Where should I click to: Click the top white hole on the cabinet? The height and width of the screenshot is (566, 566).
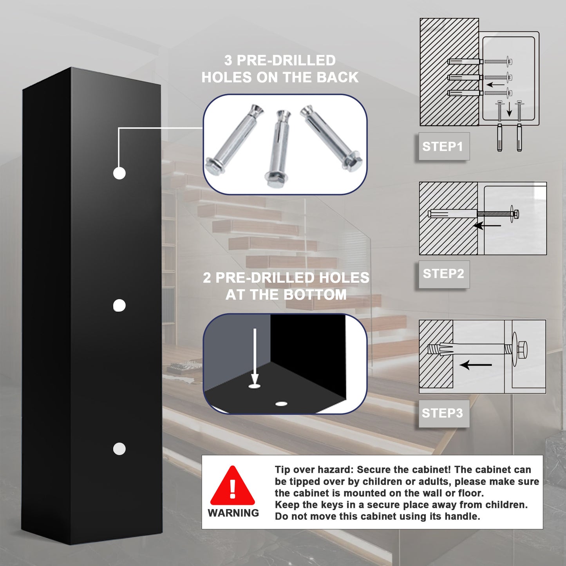coord(119,173)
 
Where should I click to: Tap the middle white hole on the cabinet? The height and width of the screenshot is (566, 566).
coord(119,306)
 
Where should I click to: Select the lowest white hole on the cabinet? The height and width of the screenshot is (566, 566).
coord(119,449)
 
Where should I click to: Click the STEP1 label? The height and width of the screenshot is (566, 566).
coord(442,146)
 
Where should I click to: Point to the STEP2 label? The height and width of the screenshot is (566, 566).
coord(443,273)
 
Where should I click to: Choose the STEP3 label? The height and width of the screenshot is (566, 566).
coord(442,413)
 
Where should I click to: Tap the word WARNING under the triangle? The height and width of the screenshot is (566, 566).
coord(233,513)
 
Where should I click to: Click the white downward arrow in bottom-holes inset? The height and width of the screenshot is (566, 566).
coord(255,356)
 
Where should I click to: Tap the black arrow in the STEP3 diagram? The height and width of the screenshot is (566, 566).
coord(476,365)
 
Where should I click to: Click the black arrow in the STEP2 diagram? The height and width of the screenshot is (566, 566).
coord(487,226)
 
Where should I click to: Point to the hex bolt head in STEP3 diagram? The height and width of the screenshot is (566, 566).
coord(523,348)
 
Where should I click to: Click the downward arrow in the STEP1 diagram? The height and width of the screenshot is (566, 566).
coord(509,110)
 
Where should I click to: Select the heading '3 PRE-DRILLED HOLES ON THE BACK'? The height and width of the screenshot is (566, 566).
coord(280,69)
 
